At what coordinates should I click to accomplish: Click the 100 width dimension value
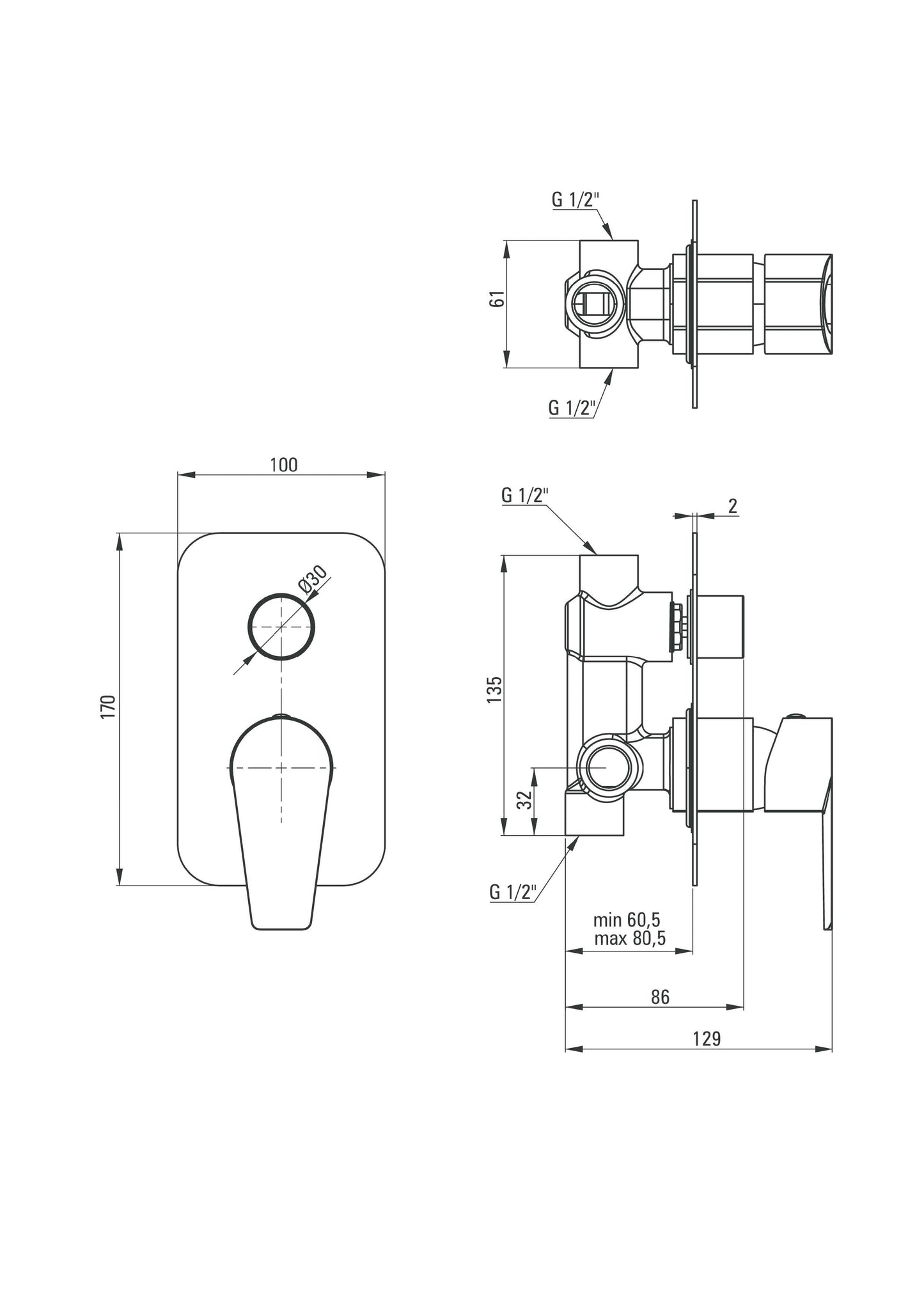(x=283, y=465)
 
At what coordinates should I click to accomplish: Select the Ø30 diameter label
(x=313, y=581)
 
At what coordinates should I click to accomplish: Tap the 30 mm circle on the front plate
(x=281, y=627)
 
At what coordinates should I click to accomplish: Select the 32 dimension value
(x=525, y=799)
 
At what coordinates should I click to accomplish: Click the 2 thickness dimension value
(x=733, y=506)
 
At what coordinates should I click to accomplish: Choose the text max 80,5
(x=629, y=938)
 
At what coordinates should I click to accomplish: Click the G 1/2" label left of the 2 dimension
(x=525, y=495)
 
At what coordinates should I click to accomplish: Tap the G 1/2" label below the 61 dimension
(x=572, y=407)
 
